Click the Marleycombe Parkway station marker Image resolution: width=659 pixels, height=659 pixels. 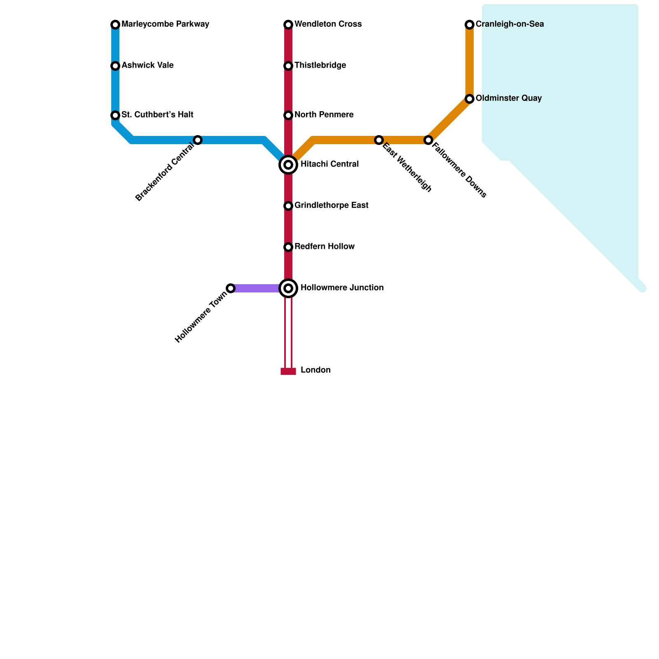(115, 25)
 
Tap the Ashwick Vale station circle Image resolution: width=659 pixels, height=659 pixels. (115, 66)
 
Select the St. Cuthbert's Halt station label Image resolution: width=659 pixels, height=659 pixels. (157, 115)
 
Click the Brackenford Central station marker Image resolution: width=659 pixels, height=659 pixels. (198, 140)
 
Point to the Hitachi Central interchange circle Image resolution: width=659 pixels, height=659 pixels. (288, 165)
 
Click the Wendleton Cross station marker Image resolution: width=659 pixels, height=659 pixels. (288, 25)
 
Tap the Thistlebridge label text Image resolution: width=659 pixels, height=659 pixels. (320, 65)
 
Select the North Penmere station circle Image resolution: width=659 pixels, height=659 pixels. (288, 115)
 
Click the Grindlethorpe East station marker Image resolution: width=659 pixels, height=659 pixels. (288, 206)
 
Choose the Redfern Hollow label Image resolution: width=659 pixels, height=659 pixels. (325, 247)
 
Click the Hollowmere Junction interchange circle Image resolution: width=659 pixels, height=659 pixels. (288, 288)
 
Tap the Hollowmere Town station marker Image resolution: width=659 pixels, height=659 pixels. (231, 288)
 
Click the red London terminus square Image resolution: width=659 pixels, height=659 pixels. (288, 372)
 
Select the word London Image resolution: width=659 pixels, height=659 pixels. (315, 370)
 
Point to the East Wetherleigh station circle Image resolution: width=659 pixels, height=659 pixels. (379, 140)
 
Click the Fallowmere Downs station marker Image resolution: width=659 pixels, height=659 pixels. (428, 140)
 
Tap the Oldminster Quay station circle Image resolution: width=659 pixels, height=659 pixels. (470, 99)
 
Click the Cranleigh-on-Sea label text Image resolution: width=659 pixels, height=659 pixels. (509, 24)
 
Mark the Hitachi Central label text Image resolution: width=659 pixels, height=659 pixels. (329, 164)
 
